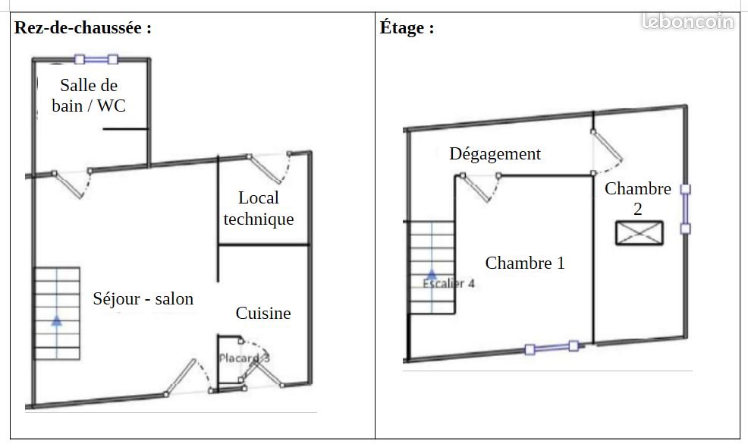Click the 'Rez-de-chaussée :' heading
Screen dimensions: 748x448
pos(83,28)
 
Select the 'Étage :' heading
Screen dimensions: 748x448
pos(407,28)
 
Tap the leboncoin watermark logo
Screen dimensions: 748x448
pos(687,21)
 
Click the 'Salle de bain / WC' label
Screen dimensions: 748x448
pos(89,96)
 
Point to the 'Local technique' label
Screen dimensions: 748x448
pos(259,208)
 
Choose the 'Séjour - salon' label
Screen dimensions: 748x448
pos(143,299)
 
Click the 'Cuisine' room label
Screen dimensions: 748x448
pos(263,314)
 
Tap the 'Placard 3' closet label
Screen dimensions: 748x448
pos(244,358)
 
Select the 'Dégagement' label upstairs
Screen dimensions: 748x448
pos(495,154)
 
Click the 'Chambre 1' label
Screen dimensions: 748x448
pos(525,263)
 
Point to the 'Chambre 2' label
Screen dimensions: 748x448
pos(638,199)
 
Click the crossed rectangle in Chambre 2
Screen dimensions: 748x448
pos(640,233)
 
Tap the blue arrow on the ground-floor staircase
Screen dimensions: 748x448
pos(57,320)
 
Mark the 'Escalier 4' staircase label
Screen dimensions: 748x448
pos(448,284)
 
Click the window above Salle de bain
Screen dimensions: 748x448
pos(96,60)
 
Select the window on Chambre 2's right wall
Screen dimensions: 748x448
pos(685,209)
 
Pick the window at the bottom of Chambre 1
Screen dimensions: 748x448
pos(552,348)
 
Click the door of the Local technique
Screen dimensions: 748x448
pos(269,168)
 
